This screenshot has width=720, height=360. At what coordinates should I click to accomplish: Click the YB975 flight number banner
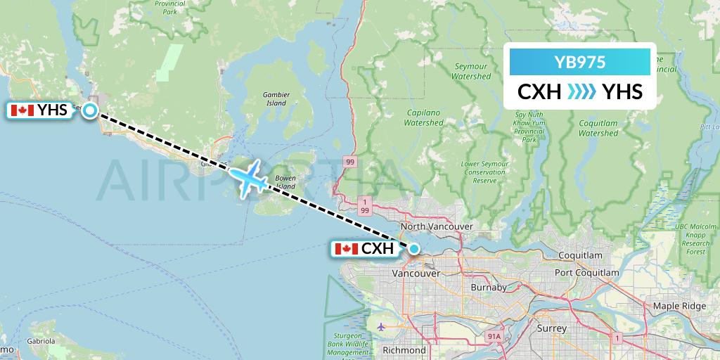(579, 62)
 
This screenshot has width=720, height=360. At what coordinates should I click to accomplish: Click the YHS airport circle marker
(90, 110)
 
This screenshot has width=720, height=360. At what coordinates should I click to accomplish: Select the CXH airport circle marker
(414, 248)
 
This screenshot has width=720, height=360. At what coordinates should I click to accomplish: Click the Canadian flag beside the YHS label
(23, 110)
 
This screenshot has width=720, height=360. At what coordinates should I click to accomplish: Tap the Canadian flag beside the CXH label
(345, 249)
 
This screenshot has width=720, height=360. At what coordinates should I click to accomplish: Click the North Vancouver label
(436, 226)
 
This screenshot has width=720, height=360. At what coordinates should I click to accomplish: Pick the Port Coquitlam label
(586, 272)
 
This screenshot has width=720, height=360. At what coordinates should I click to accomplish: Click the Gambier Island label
(275, 98)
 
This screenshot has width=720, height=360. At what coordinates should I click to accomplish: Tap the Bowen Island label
(285, 182)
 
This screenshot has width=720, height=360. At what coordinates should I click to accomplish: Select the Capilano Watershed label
(423, 117)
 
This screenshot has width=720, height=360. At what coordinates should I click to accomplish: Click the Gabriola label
(40, 341)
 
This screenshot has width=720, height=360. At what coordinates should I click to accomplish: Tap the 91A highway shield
(494, 337)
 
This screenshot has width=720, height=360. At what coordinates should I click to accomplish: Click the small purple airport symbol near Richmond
(381, 326)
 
